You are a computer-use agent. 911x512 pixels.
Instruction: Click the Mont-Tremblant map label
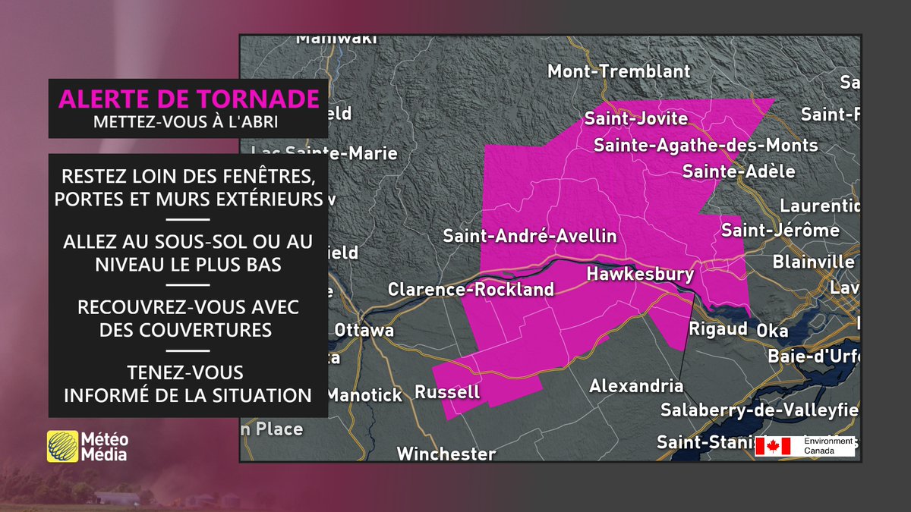point(619,71)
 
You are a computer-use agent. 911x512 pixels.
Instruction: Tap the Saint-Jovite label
point(635,118)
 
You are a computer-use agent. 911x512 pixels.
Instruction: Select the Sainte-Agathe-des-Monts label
point(706,145)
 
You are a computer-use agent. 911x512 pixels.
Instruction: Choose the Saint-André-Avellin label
point(530,237)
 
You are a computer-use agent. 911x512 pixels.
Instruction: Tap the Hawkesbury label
point(640,275)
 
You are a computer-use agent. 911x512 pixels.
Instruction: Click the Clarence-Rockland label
point(471,289)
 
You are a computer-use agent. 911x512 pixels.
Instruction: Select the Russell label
point(447,392)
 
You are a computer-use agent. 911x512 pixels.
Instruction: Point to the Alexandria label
point(636,386)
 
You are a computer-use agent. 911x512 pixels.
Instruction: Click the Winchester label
point(446,454)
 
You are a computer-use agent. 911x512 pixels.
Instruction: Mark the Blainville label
point(813,262)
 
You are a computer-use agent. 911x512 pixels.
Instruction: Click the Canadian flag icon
point(774,447)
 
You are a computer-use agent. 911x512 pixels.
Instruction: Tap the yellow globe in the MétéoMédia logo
point(62,446)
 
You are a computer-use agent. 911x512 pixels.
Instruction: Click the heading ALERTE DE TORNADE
point(188,99)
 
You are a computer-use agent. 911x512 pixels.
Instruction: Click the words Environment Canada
point(823,446)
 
